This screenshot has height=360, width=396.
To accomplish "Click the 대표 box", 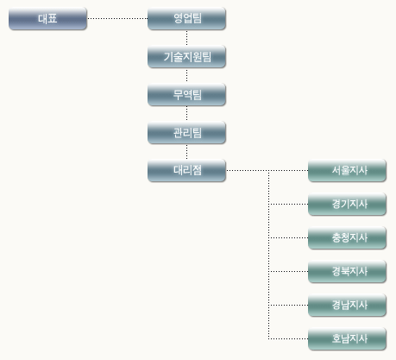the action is pyautogui.click(x=47, y=19).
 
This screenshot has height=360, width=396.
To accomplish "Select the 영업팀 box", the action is pyautogui.click(x=186, y=19).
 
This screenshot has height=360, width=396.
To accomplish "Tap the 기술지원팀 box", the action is pyautogui.click(x=186, y=57).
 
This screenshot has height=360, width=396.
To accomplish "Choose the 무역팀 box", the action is pyautogui.click(x=186, y=95).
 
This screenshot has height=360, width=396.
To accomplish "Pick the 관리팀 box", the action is pyautogui.click(x=186, y=133).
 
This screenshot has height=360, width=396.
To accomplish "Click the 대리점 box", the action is pyautogui.click(x=186, y=171).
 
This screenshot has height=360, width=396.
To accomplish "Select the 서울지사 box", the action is pyautogui.click(x=347, y=171).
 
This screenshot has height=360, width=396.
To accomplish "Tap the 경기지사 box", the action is pyautogui.click(x=347, y=205).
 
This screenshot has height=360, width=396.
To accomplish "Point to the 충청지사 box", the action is pyautogui.click(x=347, y=238).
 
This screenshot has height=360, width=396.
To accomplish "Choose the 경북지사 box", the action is pyautogui.click(x=347, y=271).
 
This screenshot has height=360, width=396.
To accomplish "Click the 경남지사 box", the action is pyautogui.click(x=347, y=305).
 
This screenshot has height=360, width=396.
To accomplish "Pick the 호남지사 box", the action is pyautogui.click(x=347, y=338).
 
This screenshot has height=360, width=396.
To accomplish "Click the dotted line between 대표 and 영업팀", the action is pyautogui.click(x=117, y=18).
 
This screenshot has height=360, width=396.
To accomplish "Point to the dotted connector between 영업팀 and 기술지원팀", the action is pyautogui.click(x=187, y=38).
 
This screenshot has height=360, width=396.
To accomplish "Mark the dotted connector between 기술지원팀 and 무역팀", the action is pyautogui.click(x=187, y=76).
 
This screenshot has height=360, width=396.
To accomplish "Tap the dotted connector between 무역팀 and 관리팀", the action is pyautogui.click(x=187, y=114).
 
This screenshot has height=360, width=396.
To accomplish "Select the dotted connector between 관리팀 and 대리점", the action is pyautogui.click(x=187, y=152).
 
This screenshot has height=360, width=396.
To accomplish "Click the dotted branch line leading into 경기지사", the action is pyautogui.click(x=288, y=205).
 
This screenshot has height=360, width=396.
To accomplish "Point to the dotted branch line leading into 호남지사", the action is pyautogui.click(x=288, y=338).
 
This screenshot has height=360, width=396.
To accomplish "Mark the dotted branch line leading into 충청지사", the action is pyautogui.click(x=288, y=238).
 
